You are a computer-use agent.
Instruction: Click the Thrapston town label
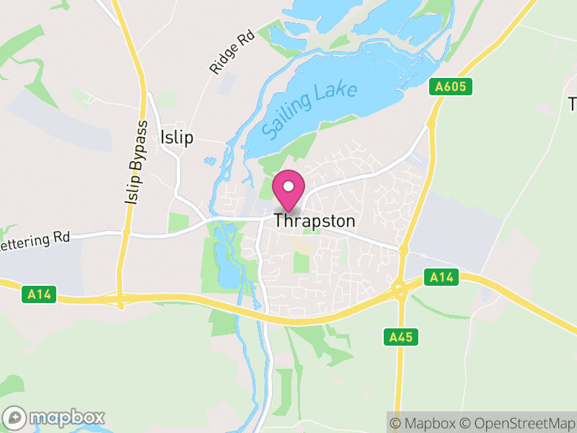click(314, 221)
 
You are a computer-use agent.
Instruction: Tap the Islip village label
click(177, 137)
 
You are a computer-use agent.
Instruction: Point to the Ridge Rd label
click(232, 52)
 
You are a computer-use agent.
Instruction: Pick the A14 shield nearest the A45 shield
click(440, 276)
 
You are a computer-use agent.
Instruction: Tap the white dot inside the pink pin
click(288, 187)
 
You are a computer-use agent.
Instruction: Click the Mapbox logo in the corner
click(55, 417)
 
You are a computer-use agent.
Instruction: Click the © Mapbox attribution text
click(425, 423)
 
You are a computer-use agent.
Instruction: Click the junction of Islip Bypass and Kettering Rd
click(125, 232)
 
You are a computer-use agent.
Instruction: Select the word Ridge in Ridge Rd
click(226, 59)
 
